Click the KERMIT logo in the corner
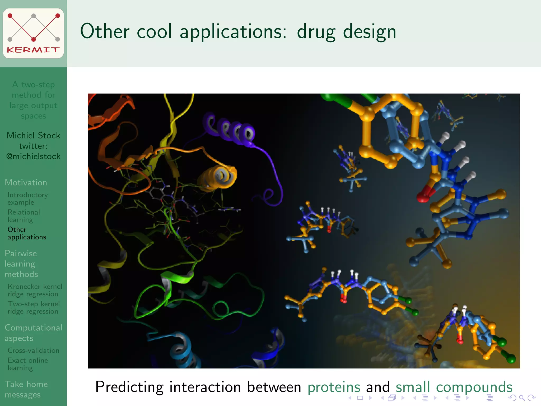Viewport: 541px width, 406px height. [x=33, y=33]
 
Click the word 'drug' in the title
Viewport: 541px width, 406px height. [x=316, y=32]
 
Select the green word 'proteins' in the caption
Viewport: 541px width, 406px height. [x=334, y=387]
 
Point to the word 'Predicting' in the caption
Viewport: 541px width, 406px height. [x=129, y=387]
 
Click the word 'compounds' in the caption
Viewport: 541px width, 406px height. [x=474, y=387]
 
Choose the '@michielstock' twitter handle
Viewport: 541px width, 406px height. [x=34, y=156]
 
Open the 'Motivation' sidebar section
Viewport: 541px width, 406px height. [x=26, y=182]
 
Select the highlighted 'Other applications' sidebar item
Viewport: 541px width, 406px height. [x=27, y=233]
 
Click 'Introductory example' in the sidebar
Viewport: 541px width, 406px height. [x=27, y=199]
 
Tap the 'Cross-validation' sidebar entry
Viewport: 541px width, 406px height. [x=33, y=350]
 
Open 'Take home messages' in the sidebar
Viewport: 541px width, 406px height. [x=26, y=389]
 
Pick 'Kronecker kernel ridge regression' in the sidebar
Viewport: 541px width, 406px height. [x=35, y=290]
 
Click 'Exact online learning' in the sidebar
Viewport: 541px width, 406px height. [x=27, y=364]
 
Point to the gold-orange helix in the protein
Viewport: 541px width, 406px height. [x=218, y=176]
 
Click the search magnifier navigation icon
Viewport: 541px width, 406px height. [x=522, y=398]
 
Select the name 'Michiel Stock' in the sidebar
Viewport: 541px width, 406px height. [x=34, y=135]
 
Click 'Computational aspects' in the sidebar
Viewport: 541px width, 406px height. [x=33, y=333]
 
